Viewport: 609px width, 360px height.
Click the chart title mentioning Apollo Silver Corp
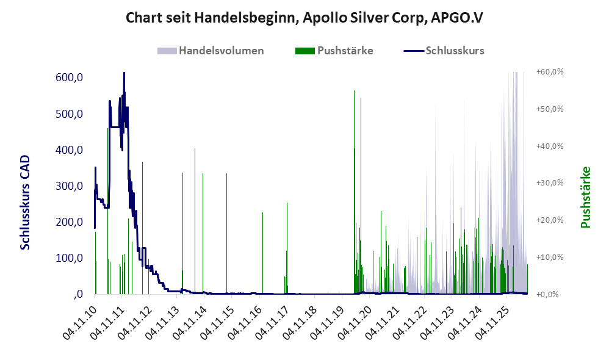tap(304, 18)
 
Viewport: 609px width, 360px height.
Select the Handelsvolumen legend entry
tap(211, 51)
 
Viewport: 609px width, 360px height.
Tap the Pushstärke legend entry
tap(334, 51)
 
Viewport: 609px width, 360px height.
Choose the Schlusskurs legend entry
tap(444, 51)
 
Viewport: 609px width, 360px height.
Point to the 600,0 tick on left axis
tap(69, 77)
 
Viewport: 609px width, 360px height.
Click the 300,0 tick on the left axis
tap(69, 185)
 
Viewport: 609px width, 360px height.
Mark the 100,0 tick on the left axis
tap(69, 258)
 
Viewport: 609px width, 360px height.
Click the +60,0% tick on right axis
tap(550, 72)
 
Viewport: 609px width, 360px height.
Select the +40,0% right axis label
tap(550, 146)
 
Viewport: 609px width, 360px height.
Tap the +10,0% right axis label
tap(550, 257)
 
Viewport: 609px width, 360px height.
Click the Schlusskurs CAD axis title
tap(25, 203)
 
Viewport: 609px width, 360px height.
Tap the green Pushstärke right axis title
tap(585, 197)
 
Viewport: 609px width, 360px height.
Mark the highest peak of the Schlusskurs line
tap(124, 73)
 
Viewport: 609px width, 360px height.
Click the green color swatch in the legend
tap(305, 51)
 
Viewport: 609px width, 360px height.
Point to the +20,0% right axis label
tap(550, 220)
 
